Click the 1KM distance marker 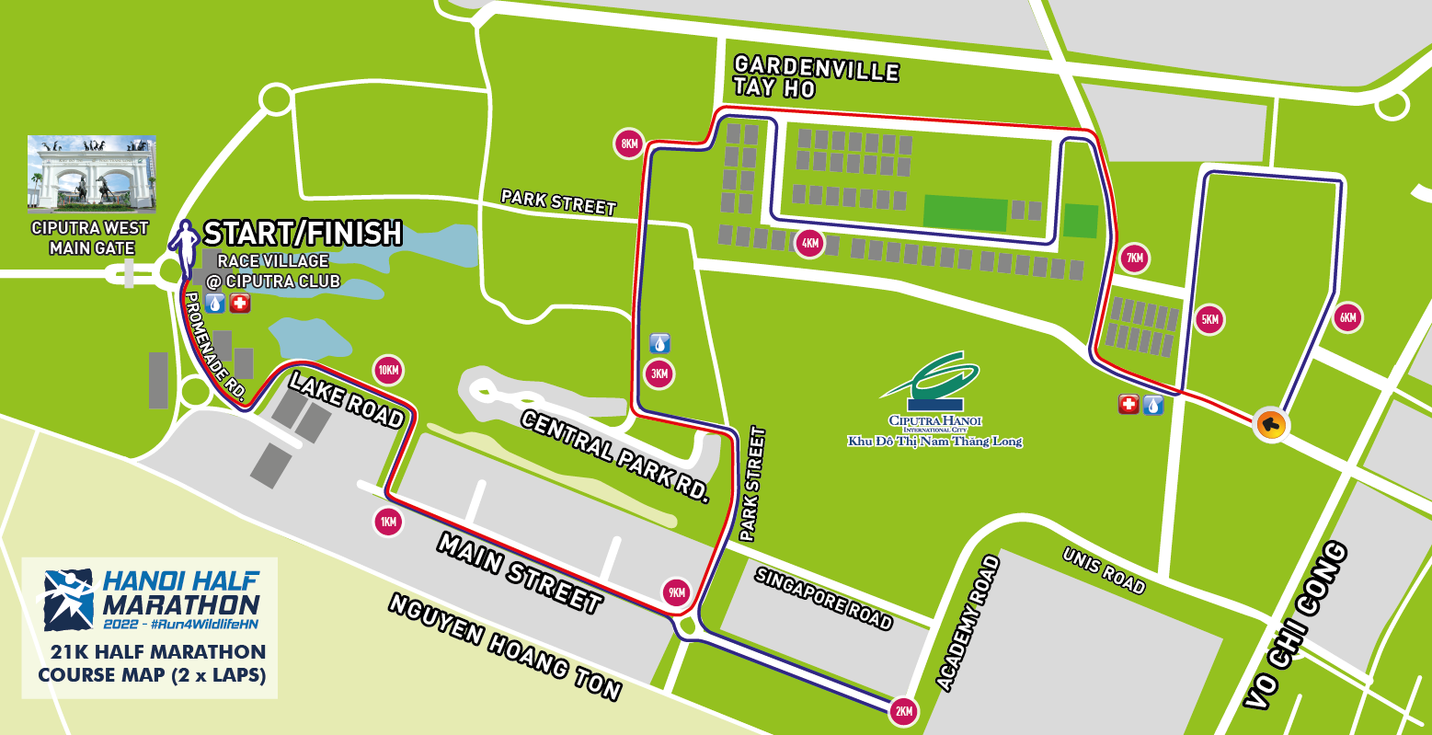click(388, 523)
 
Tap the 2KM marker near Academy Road click(903, 711)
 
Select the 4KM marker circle click(809, 244)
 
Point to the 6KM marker click(1347, 318)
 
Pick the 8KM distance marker click(629, 144)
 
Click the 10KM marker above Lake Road click(388, 371)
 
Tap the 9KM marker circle click(677, 592)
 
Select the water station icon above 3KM click(659, 344)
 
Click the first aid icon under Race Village click(240, 303)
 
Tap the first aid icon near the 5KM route click(1128, 404)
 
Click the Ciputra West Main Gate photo click(91, 174)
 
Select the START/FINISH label click(303, 234)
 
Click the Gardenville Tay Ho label click(815, 77)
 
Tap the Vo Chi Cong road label click(1297, 626)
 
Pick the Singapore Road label click(823, 599)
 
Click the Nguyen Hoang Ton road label click(505, 647)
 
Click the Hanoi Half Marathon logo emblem click(70, 600)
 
